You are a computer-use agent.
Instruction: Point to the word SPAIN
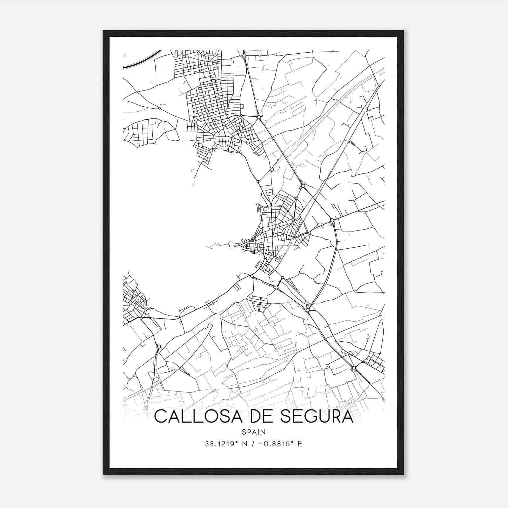pos(254,432)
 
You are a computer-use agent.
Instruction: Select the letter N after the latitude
pos(244,444)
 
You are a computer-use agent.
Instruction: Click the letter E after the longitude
pos(300,444)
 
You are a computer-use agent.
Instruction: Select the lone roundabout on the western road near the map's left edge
pos(159,108)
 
